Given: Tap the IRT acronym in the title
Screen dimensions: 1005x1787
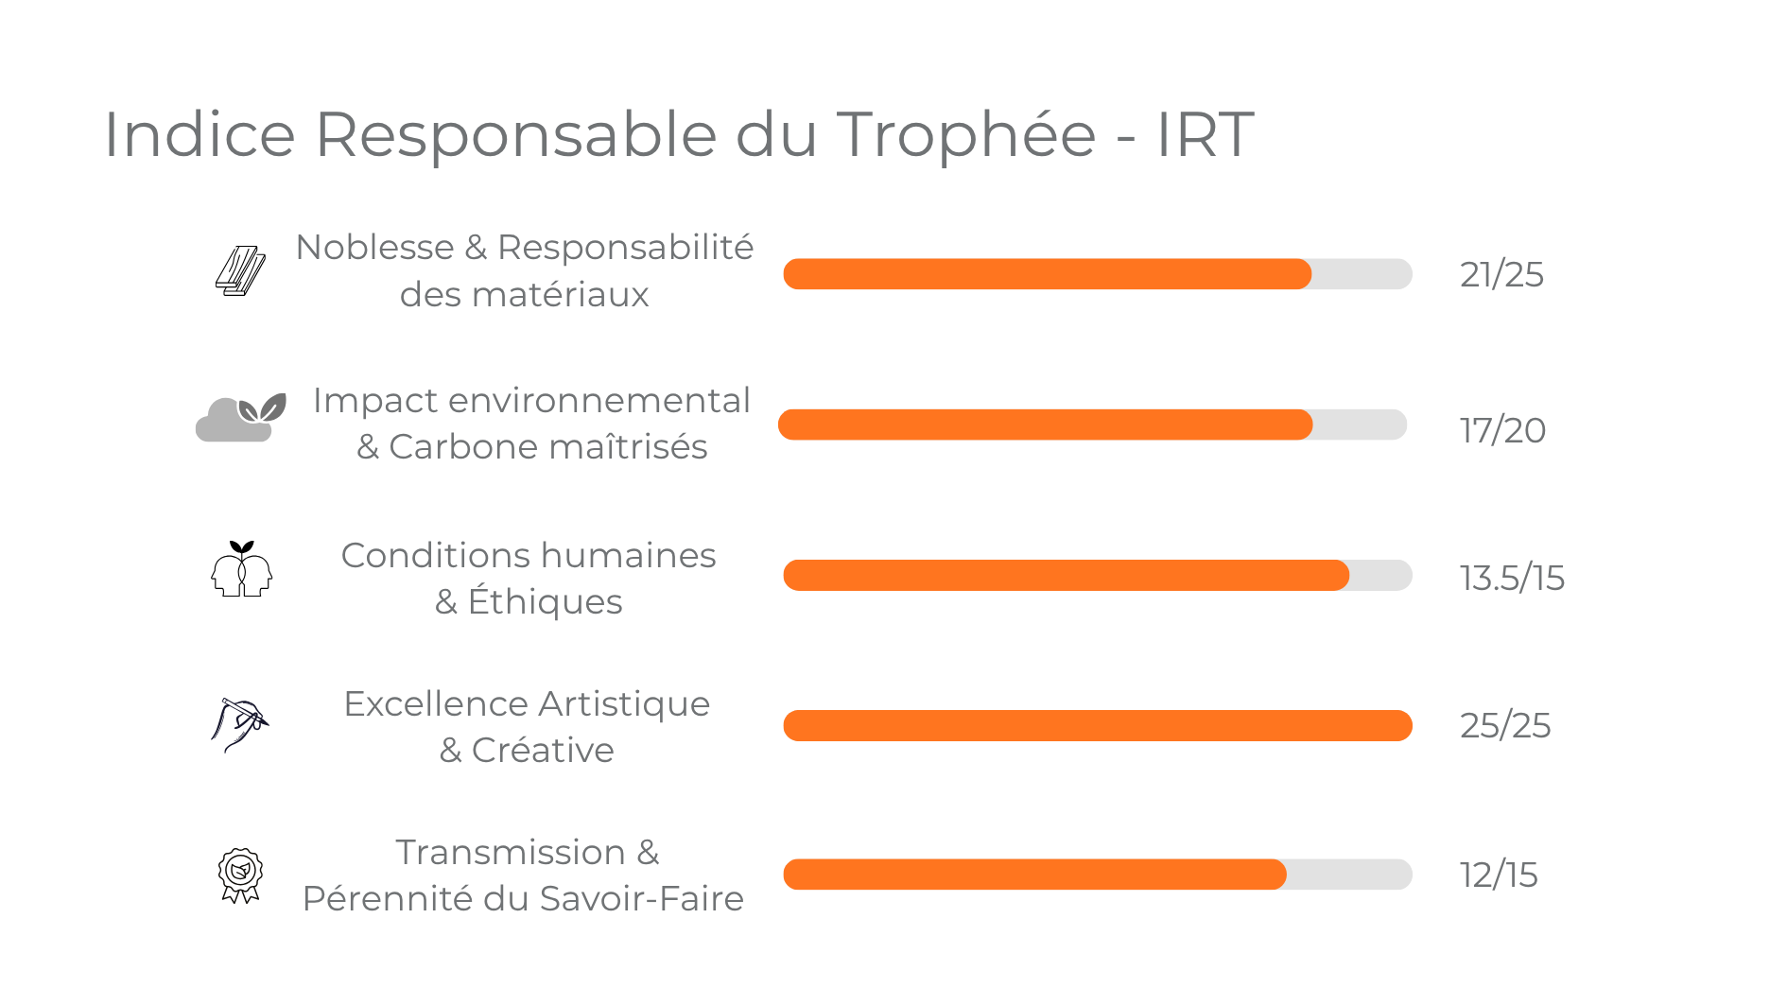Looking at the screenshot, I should coord(1205,134).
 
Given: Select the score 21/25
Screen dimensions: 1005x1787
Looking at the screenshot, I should coord(1501,275).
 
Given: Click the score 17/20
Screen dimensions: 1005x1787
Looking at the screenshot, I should coord(1502,430).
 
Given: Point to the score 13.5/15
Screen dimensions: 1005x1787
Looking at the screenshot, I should coord(1512,578).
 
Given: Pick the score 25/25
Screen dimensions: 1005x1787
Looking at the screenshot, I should coord(1505,725).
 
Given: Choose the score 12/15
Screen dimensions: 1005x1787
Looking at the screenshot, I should coord(1499,875).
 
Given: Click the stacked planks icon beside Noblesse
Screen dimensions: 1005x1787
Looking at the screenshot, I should coord(240,271).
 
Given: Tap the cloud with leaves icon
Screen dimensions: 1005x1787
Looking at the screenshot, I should coord(240,419).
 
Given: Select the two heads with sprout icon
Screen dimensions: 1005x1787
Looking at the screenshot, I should coord(241,569).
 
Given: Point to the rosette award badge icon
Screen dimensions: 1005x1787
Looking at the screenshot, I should coord(240,875).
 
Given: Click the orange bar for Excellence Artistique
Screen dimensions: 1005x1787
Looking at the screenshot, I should coord(1097,725).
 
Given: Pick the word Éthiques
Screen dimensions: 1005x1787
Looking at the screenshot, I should coord(545,602).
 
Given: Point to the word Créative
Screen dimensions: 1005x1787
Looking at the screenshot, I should coord(543,751).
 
